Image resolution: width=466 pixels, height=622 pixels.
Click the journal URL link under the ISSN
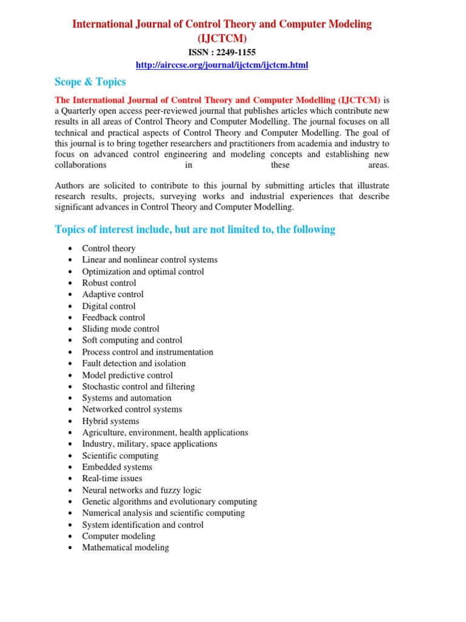[222, 65]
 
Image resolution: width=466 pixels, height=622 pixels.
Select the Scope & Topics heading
[90, 82]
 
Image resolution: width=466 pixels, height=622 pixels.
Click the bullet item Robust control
[109, 283]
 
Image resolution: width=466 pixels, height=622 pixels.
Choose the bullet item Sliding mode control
[121, 329]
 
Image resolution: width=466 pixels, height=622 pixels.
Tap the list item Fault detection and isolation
[134, 363]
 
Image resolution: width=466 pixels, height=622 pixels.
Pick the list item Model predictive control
[127, 375]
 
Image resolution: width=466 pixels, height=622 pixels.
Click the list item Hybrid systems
[110, 421]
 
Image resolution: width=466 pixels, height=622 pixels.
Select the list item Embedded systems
[117, 467]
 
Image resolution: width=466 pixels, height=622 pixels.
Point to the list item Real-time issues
[112, 479]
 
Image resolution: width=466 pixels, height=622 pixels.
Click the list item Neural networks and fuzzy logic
[141, 490]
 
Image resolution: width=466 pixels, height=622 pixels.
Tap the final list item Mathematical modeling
[126, 547]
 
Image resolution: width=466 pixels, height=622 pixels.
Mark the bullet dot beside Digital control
[72, 307]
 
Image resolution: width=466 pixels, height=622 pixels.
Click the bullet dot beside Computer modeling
[72, 536]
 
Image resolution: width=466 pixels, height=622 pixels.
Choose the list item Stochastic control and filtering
[138, 386]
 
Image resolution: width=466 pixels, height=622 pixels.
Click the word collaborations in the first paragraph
[81, 165]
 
